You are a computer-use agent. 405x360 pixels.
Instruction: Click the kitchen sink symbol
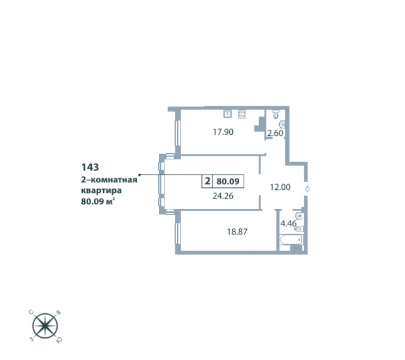point(228,114)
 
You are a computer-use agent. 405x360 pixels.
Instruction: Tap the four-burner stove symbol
point(242,114)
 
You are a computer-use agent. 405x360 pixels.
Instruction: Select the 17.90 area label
point(223,132)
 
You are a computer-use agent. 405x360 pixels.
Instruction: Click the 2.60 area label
point(275,133)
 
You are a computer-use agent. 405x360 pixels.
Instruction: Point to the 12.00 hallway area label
point(280,187)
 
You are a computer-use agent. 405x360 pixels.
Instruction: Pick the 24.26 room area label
point(223,196)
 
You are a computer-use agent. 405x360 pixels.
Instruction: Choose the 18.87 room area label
point(237,232)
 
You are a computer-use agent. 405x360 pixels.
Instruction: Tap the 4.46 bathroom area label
point(289,223)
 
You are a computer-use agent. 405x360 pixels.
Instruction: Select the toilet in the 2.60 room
point(276,114)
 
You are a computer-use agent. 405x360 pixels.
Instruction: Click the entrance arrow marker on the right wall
point(308,189)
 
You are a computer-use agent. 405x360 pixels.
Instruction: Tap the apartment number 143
point(90,167)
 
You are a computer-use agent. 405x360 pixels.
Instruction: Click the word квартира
point(101,190)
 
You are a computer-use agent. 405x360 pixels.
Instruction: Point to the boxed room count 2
point(207,181)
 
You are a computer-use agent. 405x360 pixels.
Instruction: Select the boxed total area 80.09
point(228,182)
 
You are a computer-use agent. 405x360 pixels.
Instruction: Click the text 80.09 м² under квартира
point(98,201)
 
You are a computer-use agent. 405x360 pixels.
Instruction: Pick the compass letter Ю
point(59,340)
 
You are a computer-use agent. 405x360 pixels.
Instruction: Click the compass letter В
point(59,313)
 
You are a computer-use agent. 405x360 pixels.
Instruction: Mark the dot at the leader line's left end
point(140,175)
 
